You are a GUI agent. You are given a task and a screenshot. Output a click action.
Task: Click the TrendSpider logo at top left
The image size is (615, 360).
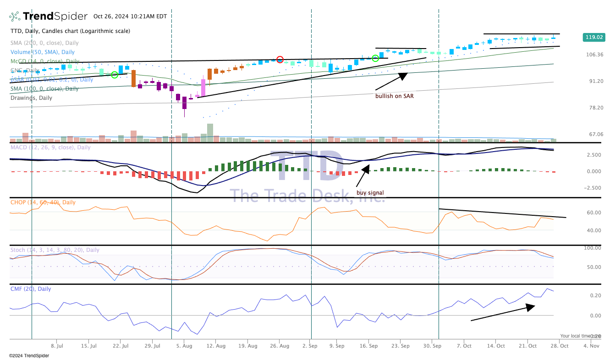pyautogui.click(x=48, y=16)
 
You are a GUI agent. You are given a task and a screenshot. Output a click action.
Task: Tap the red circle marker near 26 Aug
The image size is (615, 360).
pyautogui.click(x=280, y=60)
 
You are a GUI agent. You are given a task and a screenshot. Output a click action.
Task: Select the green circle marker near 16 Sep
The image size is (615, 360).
pyautogui.click(x=375, y=58)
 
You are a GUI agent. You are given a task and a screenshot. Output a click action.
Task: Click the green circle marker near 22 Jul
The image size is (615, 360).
pyautogui.click(x=115, y=75)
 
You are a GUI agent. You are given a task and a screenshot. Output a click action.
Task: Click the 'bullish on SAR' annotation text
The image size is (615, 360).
pyautogui.click(x=395, y=96)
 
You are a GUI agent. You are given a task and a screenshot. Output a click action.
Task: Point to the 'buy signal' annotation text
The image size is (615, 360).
pyautogui.click(x=370, y=193)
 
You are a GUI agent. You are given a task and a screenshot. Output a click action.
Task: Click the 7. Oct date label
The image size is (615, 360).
pyautogui.click(x=464, y=346)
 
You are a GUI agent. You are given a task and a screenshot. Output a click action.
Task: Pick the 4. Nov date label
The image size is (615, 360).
pyautogui.click(x=591, y=346)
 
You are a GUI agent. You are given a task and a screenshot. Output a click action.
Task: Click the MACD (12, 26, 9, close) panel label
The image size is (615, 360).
pyautogui.click(x=50, y=147)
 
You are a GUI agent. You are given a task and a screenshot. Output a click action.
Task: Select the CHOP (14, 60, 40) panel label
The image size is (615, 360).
pyautogui.click(x=43, y=202)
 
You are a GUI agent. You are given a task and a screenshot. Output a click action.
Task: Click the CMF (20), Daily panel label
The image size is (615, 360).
pyautogui.click(x=31, y=289)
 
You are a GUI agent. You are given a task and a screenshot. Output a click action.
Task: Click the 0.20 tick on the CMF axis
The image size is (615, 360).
pyautogui.click(x=595, y=295)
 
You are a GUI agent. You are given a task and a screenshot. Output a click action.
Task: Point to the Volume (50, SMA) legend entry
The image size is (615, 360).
pyautogui.click(x=43, y=52)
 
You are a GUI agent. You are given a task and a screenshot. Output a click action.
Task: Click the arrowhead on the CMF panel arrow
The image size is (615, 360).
pyautogui.click(x=531, y=307)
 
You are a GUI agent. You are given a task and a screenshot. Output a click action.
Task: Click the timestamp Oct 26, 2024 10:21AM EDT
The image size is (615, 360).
pyautogui.click(x=130, y=16)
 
